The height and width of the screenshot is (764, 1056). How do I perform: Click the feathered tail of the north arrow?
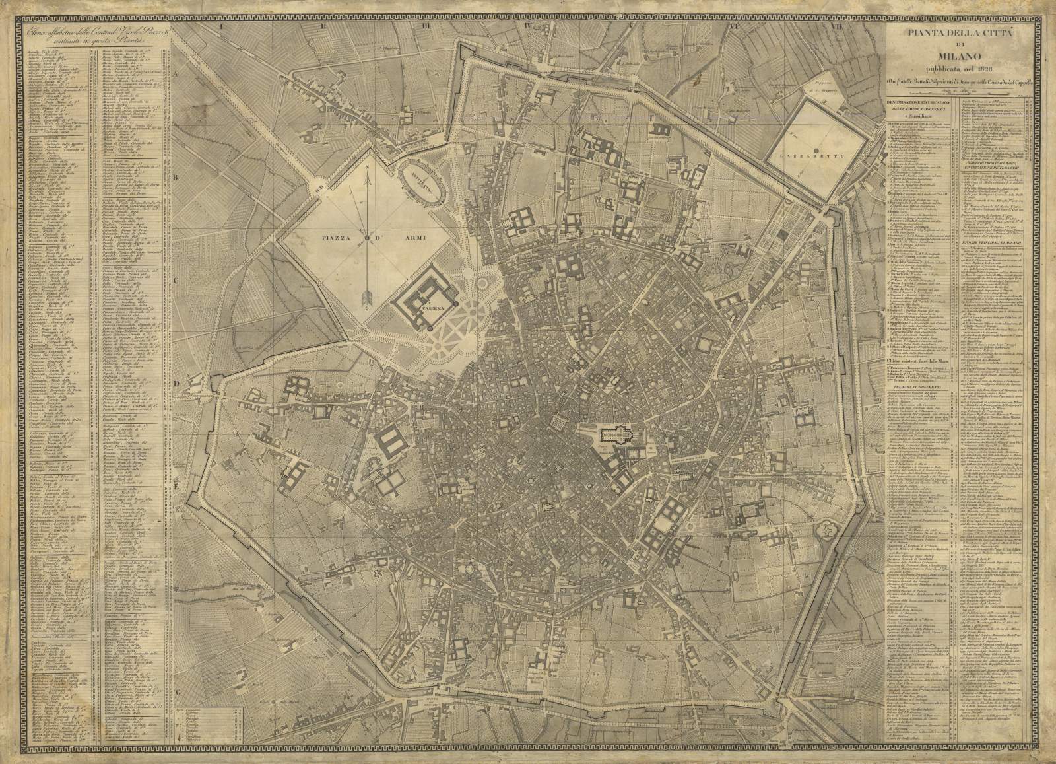coord(367,299)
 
